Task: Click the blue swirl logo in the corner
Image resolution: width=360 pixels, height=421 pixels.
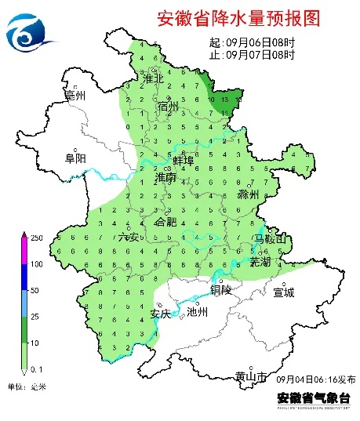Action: click(x=31, y=32)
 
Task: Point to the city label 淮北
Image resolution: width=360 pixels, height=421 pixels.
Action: click(x=153, y=78)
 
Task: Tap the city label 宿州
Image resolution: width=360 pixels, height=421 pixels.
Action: click(x=168, y=106)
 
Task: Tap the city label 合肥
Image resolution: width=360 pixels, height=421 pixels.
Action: click(x=166, y=223)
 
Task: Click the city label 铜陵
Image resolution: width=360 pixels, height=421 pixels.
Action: click(x=221, y=289)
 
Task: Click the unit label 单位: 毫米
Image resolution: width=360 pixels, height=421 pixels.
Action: click(x=27, y=387)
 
